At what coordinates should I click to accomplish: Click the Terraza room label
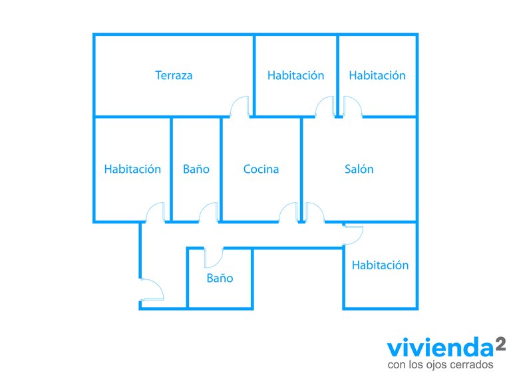[x=174, y=75]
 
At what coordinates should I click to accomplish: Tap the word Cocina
[x=261, y=169]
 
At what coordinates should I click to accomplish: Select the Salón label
[x=359, y=169]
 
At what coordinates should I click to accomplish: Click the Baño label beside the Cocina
[x=196, y=169]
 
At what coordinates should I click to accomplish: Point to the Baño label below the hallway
[x=220, y=278]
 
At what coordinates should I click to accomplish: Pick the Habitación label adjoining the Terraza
[x=295, y=75]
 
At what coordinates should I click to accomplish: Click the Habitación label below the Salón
[x=380, y=265]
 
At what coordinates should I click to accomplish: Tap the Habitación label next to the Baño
[x=132, y=169]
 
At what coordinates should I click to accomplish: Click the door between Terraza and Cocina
[x=240, y=106]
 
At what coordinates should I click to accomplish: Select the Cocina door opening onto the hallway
[x=289, y=212]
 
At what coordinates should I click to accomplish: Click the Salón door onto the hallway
[x=315, y=212]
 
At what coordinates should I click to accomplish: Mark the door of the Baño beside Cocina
[x=208, y=212]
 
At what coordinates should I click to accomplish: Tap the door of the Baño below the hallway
[x=214, y=257]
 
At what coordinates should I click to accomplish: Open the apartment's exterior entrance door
[x=152, y=289]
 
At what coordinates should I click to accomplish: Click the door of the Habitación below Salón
[x=353, y=235]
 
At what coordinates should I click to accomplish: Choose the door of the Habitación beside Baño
[x=155, y=212]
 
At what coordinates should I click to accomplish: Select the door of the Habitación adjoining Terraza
[x=325, y=106]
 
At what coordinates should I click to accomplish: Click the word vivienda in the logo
[x=440, y=348]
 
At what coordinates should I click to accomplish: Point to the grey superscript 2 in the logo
[x=501, y=344]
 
